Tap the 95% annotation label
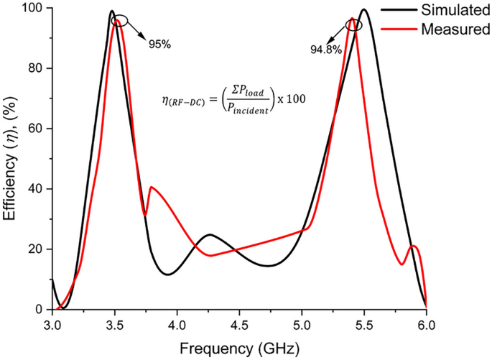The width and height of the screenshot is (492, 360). pos(159,44)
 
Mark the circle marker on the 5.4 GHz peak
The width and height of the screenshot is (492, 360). pos(353,24)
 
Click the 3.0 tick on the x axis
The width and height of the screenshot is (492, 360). pos(52,323)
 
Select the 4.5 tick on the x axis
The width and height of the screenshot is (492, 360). pos(239,323)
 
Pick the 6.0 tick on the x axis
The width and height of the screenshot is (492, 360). pos(427,323)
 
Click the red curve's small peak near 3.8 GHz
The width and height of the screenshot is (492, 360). pos(151,188)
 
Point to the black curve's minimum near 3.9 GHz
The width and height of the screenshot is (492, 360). pos(167,274)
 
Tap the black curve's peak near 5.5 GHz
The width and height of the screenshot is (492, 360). pos(364,10)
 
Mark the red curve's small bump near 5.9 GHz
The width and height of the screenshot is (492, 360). pos(414,246)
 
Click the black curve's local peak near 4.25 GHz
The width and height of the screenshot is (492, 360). pos(209,235)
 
